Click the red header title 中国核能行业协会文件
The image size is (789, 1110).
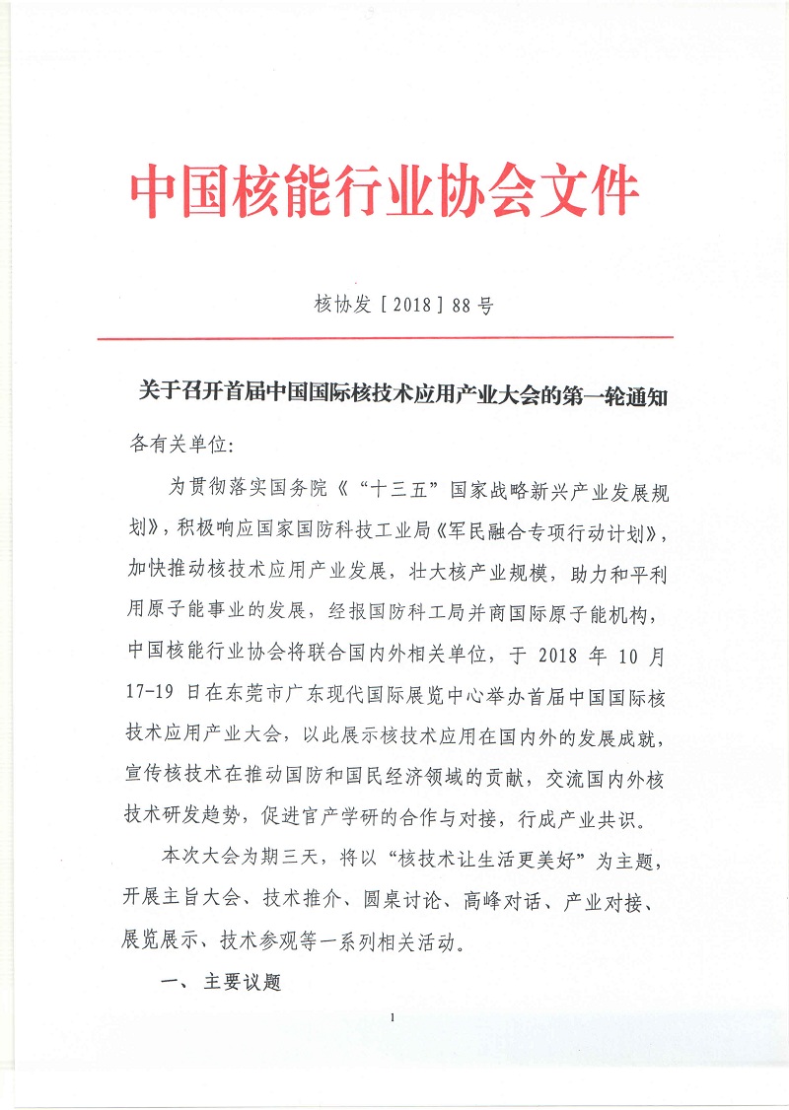pyautogui.click(x=385, y=191)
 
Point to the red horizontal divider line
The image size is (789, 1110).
pyautogui.click(x=385, y=338)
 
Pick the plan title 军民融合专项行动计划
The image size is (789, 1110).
pyautogui.click(x=576, y=534)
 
